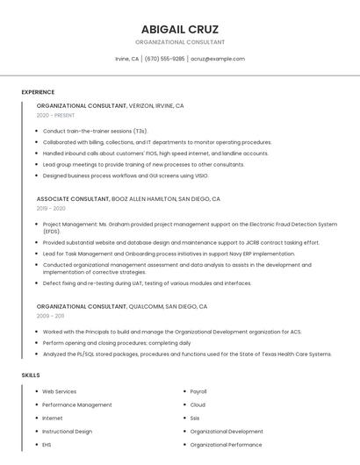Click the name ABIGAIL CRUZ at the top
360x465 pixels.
click(180, 29)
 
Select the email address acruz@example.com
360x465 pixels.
click(218, 59)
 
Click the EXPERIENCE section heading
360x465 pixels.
click(38, 92)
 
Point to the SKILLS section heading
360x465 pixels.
click(31, 375)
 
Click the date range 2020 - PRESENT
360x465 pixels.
click(56, 115)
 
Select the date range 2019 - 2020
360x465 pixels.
click(51, 209)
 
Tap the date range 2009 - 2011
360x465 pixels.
click(50, 315)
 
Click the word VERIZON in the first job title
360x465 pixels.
click(140, 105)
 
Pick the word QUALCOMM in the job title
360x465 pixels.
click(146, 306)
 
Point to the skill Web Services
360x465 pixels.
click(60, 391)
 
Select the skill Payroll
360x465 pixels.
click(198, 391)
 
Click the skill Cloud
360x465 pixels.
click(198, 404)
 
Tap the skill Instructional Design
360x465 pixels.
click(67, 432)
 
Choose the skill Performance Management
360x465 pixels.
click(77, 404)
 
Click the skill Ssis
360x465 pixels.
click(195, 418)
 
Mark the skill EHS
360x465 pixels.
click(47, 445)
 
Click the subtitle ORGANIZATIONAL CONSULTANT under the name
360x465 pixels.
click(180, 42)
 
